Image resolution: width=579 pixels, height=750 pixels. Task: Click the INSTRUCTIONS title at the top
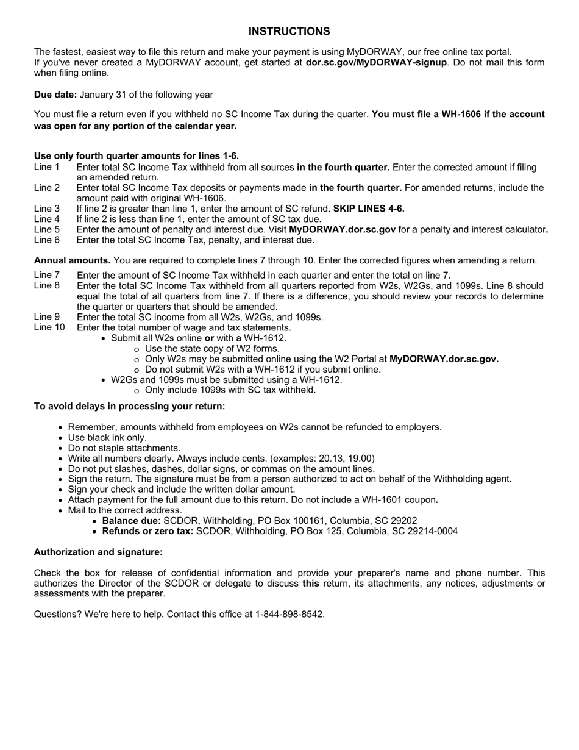(x=289, y=31)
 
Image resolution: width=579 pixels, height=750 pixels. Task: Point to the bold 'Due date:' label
(x=55, y=94)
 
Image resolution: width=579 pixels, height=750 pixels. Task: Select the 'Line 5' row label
(x=47, y=229)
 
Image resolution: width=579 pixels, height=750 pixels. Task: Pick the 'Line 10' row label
(x=49, y=327)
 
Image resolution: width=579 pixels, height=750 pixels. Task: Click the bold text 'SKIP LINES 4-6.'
(x=369, y=209)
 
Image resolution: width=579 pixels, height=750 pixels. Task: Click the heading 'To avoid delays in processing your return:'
(x=129, y=406)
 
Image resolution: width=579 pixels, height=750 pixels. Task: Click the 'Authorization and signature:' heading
(x=98, y=552)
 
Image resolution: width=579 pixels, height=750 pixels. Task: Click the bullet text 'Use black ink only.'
(x=107, y=437)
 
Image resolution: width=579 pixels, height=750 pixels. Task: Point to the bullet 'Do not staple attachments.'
(x=124, y=448)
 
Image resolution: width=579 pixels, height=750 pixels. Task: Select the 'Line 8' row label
(x=47, y=285)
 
